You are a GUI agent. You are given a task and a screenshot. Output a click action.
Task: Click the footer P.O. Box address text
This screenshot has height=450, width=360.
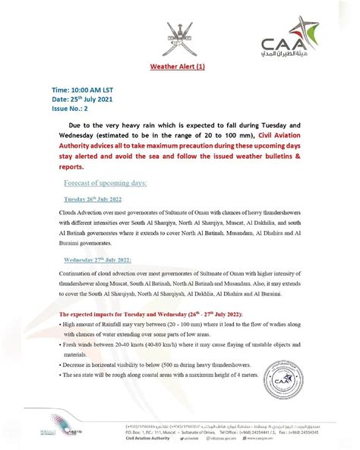pos(159,431)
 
